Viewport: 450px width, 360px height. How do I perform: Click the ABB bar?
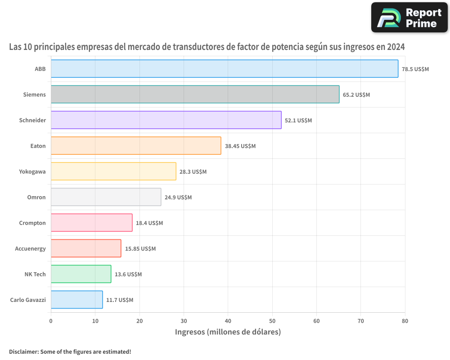click(224, 69)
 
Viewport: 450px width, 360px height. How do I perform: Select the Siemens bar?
click(195, 94)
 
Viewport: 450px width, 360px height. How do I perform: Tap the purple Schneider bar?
click(166, 120)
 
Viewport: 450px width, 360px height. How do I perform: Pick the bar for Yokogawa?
click(113, 171)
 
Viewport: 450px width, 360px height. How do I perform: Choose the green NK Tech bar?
click(81, 274)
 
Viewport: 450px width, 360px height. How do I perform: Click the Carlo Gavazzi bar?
click(76, 300)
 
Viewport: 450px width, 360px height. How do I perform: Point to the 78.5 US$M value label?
click(415, 69)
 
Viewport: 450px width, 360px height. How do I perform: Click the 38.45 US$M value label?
click(240, 146)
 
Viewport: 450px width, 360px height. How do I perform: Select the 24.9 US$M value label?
click(178, 198)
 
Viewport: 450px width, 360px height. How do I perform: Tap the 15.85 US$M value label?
click(140, 249)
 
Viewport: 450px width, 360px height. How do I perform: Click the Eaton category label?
click(38, 146)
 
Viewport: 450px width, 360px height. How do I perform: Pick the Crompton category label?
click(32, 223)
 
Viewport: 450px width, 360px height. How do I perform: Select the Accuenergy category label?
click(31, 248)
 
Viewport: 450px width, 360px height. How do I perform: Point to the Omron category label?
click(36, 197)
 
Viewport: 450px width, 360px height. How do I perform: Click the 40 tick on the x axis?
click(228, 321)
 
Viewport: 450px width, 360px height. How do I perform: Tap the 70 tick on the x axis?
click(361, 321)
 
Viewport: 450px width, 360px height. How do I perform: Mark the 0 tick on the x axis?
click(51, 321)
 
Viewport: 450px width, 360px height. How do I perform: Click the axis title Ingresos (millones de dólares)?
click(228, 332)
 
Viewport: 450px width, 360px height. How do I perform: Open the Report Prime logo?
click(409, 18)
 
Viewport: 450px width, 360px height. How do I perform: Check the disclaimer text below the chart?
click(70, 351)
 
